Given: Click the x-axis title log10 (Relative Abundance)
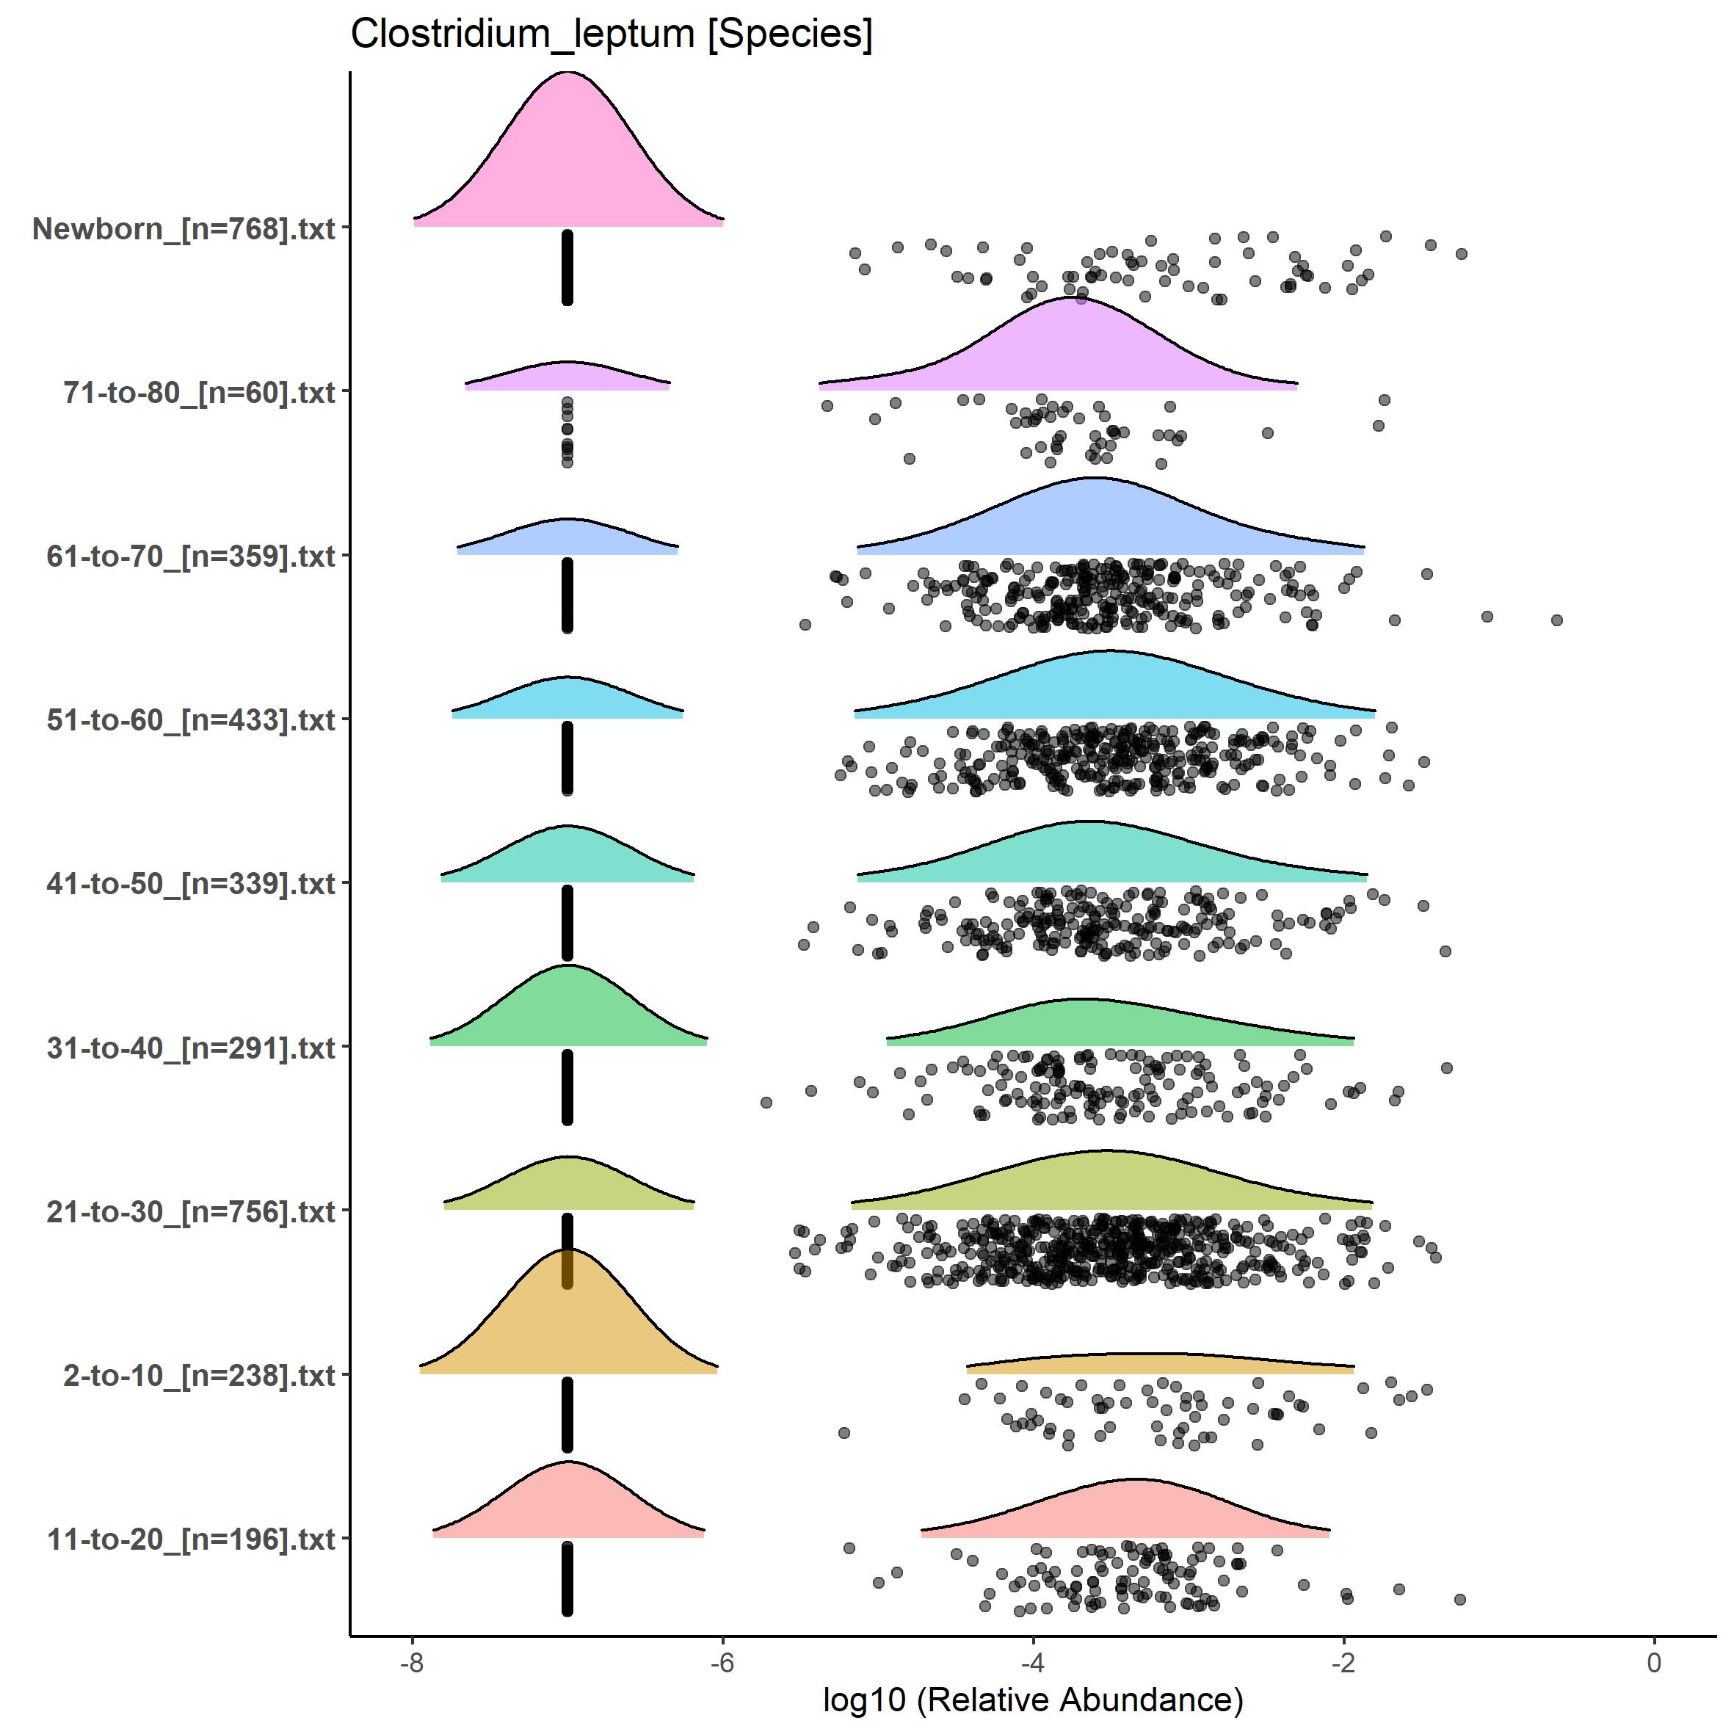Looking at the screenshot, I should click(1033, 1699).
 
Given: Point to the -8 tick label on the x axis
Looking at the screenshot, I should click(412, 1662).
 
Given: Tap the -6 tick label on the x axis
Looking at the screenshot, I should click(722, 1662).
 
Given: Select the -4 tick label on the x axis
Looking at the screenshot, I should click(1033, 1662).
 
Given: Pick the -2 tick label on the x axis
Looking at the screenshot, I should click(1343, 1662).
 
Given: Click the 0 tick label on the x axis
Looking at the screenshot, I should click(1654, 1662).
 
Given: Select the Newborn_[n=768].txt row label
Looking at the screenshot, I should click(184, 229).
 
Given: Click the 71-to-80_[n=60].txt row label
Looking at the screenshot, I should click(199, 392).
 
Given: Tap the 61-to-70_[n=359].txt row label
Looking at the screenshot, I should click(191, 556).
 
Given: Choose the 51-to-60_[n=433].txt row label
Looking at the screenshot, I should click(191, 719).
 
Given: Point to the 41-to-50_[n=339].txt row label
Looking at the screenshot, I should click(191, 884).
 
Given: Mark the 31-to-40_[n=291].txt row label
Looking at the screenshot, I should click(191, 1048).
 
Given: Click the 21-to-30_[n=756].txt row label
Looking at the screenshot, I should click(191, 1211).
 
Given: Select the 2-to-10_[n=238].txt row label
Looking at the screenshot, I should click(199, 1375).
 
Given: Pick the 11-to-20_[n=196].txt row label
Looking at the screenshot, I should click(191, 1539).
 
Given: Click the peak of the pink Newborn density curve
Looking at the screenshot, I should click(567, 73).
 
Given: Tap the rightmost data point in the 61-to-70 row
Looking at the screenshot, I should click(1557, 620).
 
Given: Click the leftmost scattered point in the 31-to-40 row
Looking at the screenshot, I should click(766, 1102).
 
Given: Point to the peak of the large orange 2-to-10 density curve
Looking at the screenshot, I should click(567, 1250).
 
